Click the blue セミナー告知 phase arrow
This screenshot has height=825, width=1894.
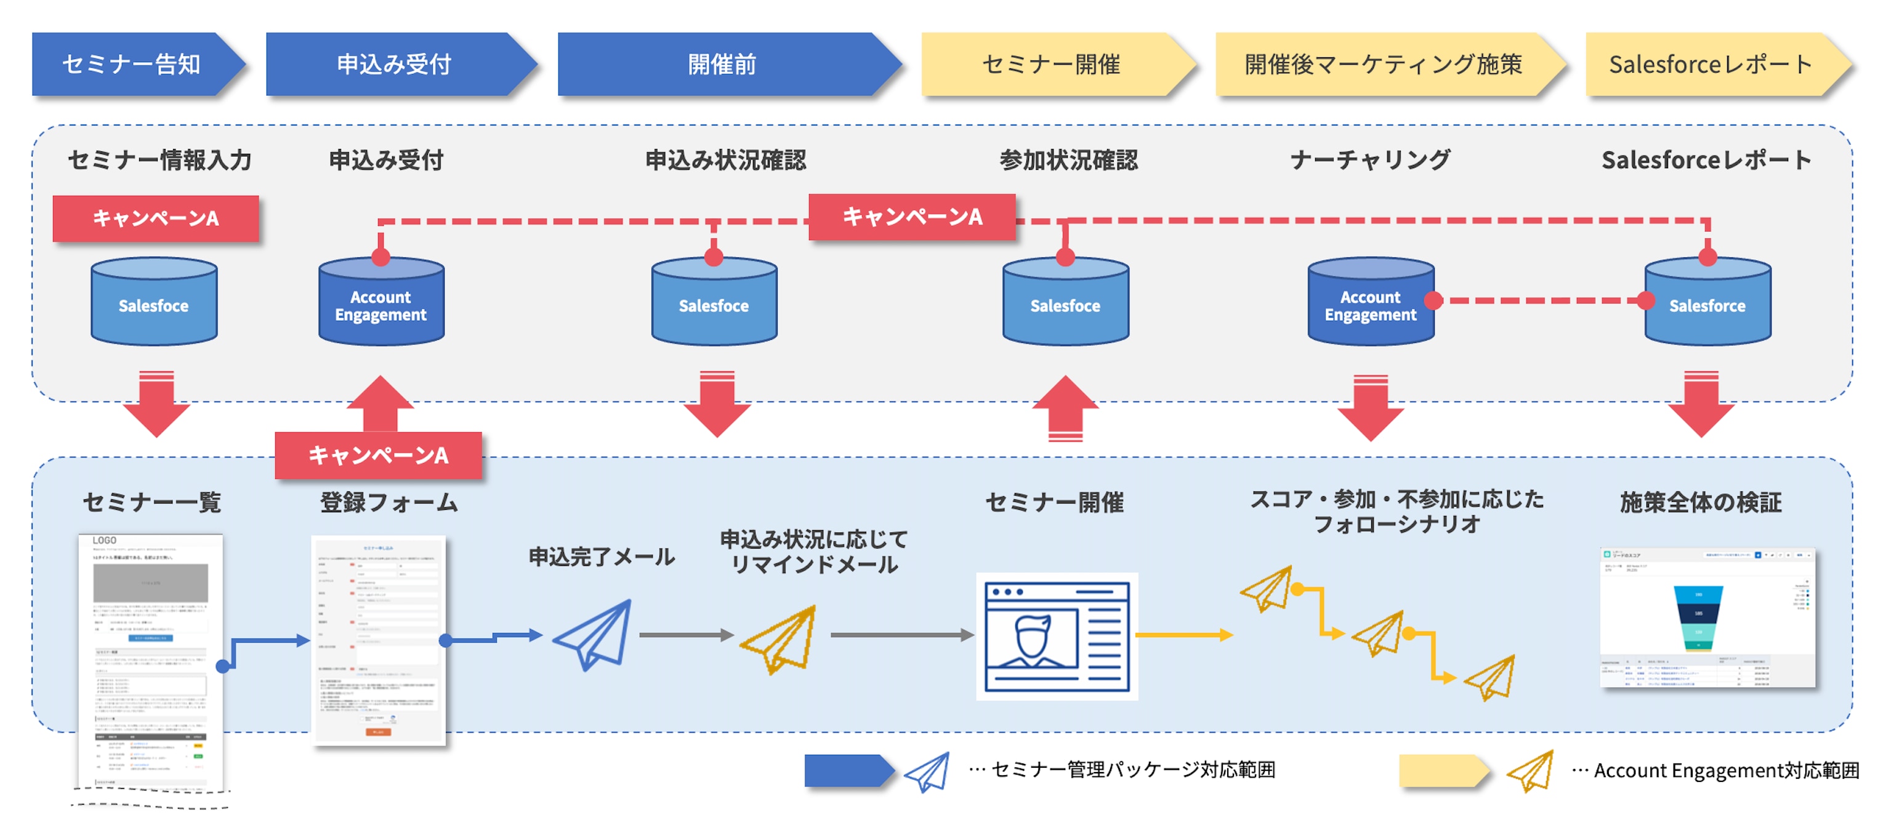132,65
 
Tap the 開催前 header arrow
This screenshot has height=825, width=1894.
723,65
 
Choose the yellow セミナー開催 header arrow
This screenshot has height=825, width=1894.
1052,65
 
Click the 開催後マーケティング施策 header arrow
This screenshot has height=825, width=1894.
1383,65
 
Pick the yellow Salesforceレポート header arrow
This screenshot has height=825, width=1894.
1710,65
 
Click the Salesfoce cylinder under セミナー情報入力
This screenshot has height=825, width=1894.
154,302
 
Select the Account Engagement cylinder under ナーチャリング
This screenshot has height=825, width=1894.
1371,302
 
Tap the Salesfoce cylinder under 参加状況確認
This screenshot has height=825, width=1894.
1065,302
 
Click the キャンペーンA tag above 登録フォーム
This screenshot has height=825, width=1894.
379,455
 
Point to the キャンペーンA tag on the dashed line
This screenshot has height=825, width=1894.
912,217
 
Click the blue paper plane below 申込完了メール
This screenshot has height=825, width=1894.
594,634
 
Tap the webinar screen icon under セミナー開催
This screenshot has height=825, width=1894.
1057,636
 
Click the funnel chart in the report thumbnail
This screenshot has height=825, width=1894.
1698,618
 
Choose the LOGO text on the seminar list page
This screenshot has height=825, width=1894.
105,541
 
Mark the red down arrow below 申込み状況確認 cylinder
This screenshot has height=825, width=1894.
717,404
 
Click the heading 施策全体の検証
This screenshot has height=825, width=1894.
1701,502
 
